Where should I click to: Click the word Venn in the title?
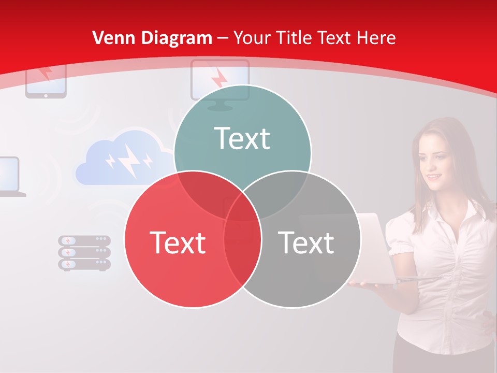tap(109, 38)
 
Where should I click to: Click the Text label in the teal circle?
tap(242, 138)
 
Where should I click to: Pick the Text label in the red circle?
tap(178, 242)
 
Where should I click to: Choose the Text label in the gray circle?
tap(306, 242)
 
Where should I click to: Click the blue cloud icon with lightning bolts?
tap(124, 158)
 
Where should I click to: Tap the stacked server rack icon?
tap(84, 253)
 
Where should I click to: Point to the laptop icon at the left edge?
tap(10, 176)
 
